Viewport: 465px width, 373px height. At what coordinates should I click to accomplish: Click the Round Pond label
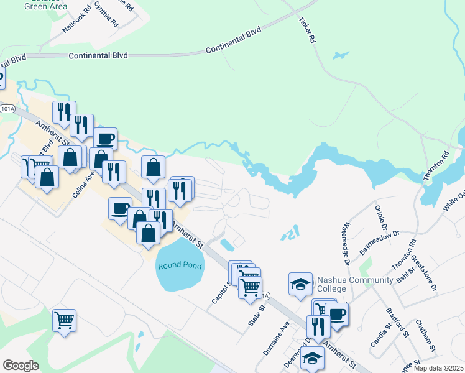(180, 265)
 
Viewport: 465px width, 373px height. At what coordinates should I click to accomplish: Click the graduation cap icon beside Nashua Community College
(300, 283)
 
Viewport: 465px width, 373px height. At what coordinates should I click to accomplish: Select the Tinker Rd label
(307, 29)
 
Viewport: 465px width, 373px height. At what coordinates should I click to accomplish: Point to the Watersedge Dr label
(347, 243)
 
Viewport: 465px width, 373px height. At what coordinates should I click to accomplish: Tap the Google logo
(21, 366)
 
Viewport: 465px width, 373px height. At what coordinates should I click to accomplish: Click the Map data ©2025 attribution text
(438, 368)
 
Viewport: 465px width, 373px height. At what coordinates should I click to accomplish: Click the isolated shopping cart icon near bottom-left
(64, 320)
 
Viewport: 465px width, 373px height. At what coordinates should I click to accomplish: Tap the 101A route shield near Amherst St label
(6, 109)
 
